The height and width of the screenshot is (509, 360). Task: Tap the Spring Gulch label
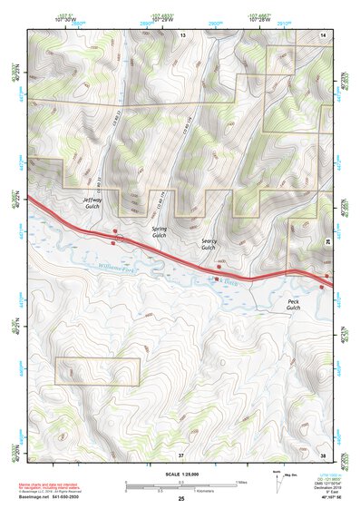159,232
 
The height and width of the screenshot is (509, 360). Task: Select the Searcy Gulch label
208,244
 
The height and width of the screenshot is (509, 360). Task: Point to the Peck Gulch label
293,304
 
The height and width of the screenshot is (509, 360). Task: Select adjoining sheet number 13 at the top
181,34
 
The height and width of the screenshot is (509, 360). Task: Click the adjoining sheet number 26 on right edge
327,239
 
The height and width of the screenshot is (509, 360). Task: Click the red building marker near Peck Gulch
323,287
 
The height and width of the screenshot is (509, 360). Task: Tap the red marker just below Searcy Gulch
219,267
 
